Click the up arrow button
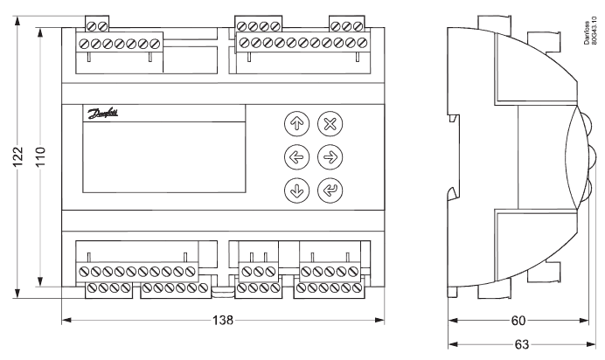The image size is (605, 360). click(296, 124)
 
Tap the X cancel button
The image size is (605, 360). click(330, 124)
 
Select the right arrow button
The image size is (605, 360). click(330, 157)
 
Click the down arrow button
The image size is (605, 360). click(296, 190)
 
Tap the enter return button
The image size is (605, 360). click(330, 190)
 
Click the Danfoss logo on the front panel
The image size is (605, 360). click(102, 114)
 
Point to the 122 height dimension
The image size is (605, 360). click(18, 156)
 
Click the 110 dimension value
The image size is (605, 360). click(40, 156)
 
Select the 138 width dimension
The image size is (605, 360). click(223, 320)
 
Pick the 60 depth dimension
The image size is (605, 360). click(518, 321)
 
